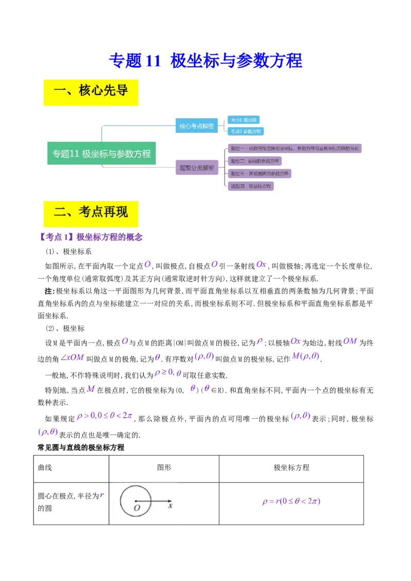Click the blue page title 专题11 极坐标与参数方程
point(206,61)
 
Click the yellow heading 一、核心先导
point(90,92)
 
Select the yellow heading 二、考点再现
point(90,212)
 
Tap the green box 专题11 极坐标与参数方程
point(101,153)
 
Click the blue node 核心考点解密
point(196,125)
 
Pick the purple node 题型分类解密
point(196,167)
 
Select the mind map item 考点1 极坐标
point(244,120)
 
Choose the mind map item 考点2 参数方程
point(246,131)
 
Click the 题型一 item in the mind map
point(295,149)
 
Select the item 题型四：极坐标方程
point(250,186)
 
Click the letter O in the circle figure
point(137,508)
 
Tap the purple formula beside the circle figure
point(291,502)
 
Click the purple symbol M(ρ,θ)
point(306,356)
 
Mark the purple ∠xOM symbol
point(72,357)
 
